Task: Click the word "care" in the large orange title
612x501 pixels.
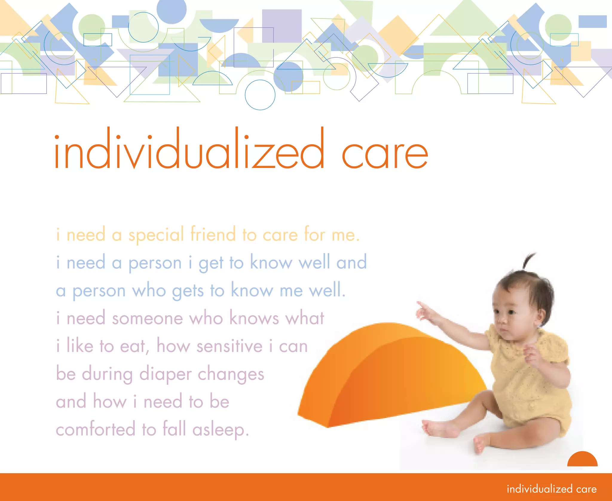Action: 385,154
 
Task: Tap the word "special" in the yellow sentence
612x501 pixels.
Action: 156,235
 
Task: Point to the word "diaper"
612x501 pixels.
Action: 165,374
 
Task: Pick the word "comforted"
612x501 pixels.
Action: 96,429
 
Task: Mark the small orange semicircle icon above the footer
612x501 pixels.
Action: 582,460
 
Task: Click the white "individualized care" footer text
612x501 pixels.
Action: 552,489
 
